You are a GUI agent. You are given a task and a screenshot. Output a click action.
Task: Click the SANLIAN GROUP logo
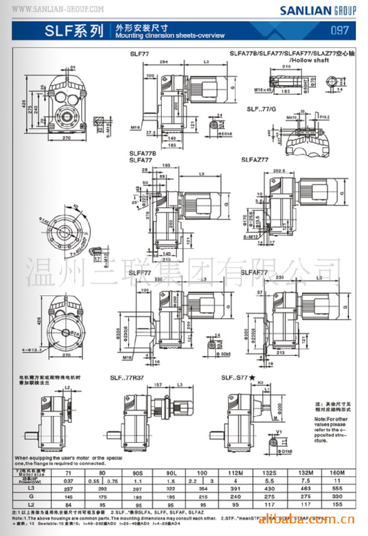point(318,10)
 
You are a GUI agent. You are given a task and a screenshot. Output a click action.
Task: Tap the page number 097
point(340,30)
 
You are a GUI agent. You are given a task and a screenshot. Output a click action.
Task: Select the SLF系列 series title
point(74,31)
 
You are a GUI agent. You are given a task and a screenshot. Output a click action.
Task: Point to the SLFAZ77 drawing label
point(255,159)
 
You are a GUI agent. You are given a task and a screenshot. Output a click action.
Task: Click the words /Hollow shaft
point(313,60)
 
